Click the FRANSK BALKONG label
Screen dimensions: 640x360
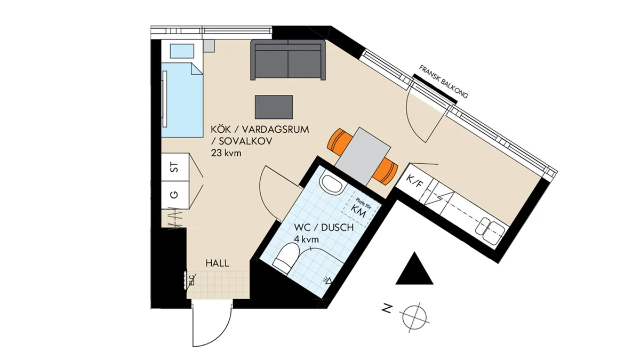[x=443, y=82]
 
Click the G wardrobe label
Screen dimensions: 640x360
[x=174, y=195]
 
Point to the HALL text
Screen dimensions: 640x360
[x=218, y=263]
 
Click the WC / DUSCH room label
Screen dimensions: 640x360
[x=324, y=227]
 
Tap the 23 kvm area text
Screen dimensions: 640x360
[x=226, y=153]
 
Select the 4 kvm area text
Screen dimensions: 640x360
[x=306, y=239]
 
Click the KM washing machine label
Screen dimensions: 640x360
[x=358, y=211]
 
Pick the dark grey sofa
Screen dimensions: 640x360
[x=288, y=60]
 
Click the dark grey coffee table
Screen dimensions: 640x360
[x=274, y=107]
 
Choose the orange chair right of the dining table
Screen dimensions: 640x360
[x=385, y=171]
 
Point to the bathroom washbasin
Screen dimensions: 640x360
[x=333, y=183]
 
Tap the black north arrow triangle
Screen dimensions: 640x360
[x=414, y=270]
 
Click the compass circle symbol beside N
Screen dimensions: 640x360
[x=414, y=317]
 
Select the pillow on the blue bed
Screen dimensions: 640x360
[x=182, y=51]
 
